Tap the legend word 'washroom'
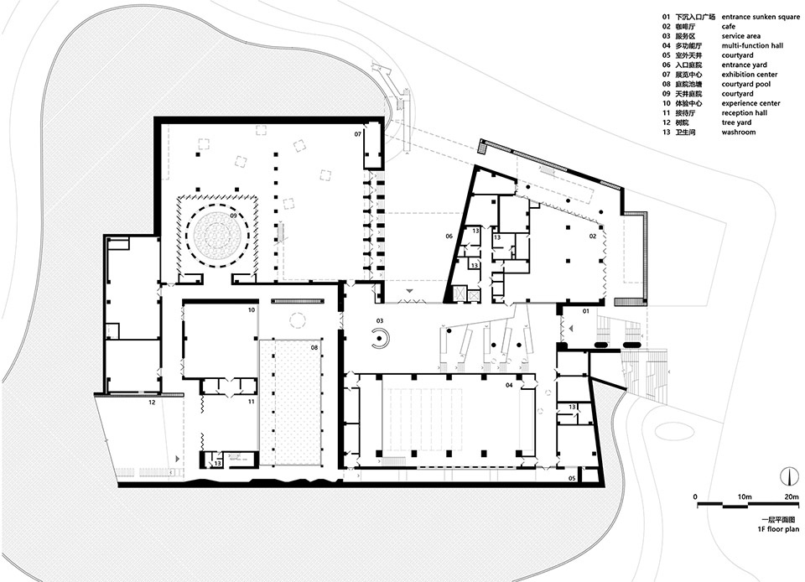738,133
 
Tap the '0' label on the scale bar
695,496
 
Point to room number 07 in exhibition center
357,134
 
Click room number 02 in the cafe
592,237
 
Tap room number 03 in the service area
380,321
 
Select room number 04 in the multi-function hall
508,385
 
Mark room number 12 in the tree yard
152,403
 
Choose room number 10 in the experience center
251,310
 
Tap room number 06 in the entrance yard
449,236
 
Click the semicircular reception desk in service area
379,339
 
